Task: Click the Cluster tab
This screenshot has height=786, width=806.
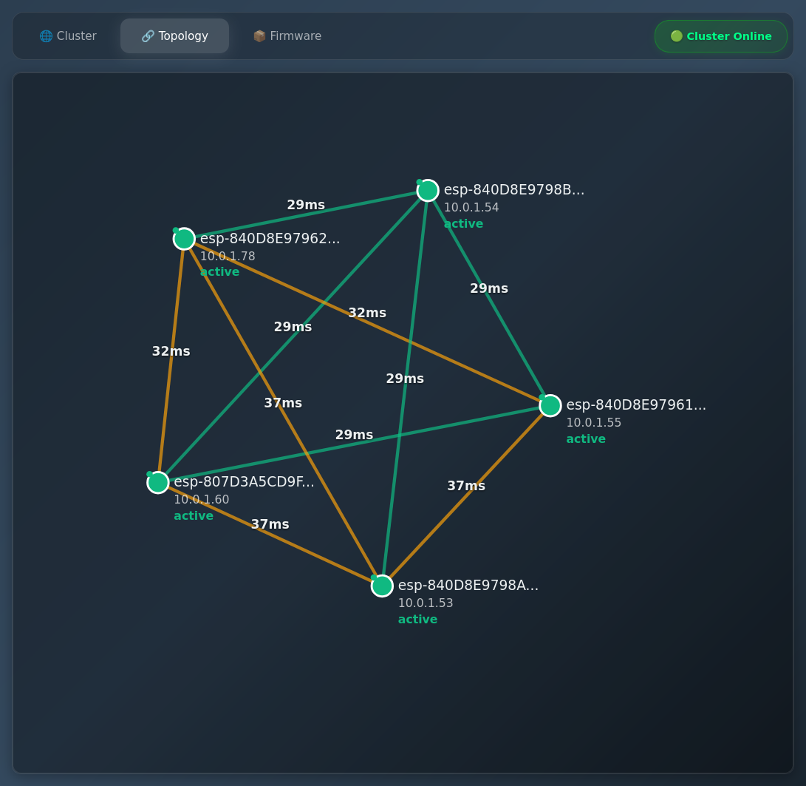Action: click(68, 36)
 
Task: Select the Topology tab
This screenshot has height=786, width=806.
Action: click(175, 36)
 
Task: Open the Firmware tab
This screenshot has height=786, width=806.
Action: click(287, 36)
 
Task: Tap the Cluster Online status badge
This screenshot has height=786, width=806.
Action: click(720, 36)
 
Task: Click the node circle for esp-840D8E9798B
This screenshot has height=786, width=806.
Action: click(428, 191)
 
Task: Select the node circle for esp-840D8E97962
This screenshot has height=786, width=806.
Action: click(184, 239)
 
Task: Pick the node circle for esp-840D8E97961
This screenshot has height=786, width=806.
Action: click(550, 405)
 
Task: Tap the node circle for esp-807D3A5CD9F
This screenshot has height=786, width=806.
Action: click(158, 482)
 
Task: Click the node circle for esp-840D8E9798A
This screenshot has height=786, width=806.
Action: click(382, 586)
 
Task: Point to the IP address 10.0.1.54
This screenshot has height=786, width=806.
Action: click(471, 208)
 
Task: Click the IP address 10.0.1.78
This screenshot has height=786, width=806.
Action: click(228, 257)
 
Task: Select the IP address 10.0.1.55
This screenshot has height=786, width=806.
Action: click(594, 423)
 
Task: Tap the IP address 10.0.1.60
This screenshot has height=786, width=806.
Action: click(202, 500)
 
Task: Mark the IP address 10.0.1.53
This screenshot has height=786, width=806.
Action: click(426, 603)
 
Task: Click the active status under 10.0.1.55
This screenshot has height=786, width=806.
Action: click(586, 439)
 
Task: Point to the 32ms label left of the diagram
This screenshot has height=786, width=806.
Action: click(171, 351)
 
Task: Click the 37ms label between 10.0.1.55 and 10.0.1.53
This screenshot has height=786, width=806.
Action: click(466, 486)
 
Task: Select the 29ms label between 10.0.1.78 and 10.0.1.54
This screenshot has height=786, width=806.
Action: click(306, 205)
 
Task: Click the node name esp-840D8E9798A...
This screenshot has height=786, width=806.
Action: click(468, 586)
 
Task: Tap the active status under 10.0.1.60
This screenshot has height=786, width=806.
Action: click(194, 516)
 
